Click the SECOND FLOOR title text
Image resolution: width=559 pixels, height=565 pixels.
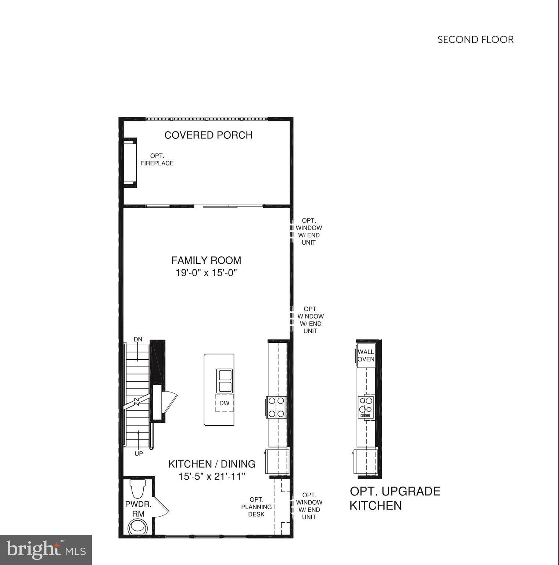click(475, 40)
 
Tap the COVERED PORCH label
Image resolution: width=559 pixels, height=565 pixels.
click(208, 135)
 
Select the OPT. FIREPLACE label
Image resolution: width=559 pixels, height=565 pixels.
click(157, 160)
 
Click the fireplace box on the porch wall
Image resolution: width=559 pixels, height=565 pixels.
click(130, 163)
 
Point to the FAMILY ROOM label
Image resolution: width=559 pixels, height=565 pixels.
click(206, 260)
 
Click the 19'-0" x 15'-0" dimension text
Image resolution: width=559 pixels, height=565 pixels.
click(206, 273)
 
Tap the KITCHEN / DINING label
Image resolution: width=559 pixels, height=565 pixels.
click(212, 464)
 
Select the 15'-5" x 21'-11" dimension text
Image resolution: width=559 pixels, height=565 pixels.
click(212, 477)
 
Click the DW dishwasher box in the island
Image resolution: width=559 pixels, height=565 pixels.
click(224, 403)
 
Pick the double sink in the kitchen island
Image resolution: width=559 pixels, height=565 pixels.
click(225, 381)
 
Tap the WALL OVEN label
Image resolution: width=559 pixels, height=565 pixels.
click(366, 355)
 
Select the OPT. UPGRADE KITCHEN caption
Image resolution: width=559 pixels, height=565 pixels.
click(395, 498)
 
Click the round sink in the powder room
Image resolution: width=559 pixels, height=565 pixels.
click(138, 526)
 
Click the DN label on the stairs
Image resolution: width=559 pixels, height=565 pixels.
click(138, 340)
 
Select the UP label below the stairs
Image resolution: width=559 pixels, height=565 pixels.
click(139, 454)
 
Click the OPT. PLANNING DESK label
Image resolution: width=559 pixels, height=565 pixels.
click(256, 507)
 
